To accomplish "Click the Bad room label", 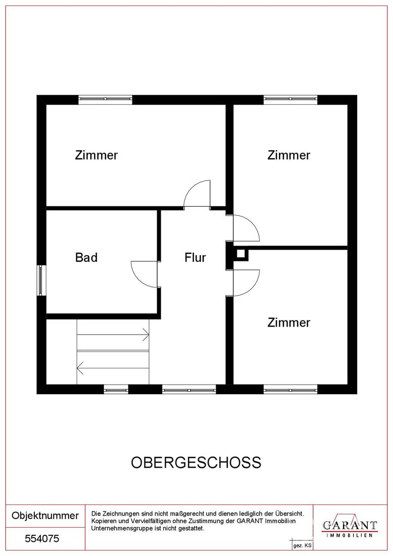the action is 86,257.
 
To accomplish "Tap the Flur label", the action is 195,257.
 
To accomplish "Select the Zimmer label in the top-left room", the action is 96,155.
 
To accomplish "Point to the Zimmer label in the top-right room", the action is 289,155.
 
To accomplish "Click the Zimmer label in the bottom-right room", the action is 289,322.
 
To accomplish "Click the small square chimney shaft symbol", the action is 240,254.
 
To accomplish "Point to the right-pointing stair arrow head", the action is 146,335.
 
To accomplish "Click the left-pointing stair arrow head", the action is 80,368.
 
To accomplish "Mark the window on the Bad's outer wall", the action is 41,280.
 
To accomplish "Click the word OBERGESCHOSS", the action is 196,462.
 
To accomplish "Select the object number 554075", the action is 42,539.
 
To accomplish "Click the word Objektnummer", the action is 45,516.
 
